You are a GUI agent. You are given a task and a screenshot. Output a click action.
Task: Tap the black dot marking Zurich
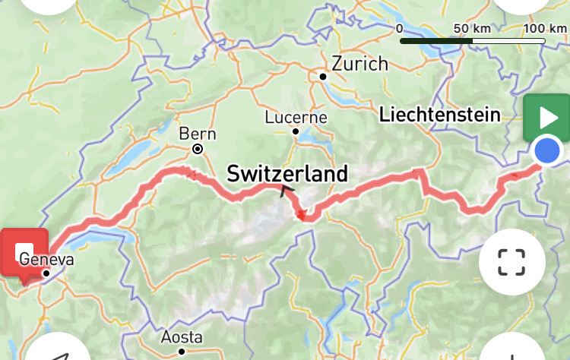323,77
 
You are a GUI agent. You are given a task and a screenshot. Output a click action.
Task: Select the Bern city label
198,134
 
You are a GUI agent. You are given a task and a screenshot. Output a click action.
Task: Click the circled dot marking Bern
198,149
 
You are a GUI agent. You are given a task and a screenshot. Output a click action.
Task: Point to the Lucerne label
296,118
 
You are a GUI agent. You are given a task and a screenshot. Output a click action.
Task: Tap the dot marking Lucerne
296,131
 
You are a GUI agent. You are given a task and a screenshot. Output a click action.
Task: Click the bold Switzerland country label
287,173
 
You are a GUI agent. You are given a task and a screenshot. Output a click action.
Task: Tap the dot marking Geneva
46,273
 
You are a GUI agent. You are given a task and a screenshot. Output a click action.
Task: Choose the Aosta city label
182,336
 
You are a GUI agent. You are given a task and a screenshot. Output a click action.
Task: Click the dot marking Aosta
182,351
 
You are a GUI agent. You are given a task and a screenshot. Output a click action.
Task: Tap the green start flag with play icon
546,118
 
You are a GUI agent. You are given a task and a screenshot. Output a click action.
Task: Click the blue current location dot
546,151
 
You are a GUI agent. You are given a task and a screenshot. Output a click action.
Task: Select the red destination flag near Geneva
24,251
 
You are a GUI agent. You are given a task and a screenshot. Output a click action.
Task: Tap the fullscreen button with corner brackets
511,261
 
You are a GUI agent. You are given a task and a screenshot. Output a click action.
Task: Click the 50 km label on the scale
471,28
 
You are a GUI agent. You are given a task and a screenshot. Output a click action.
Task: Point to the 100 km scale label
545,28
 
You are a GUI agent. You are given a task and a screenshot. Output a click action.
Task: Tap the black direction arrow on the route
287,191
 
